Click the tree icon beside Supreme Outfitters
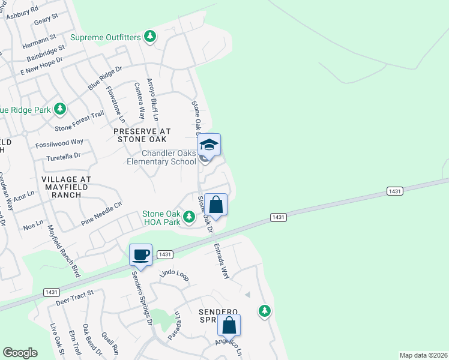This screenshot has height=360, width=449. coord(150,37)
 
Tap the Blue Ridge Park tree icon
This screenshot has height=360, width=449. coord(59,109)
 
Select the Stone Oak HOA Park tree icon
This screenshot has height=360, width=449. coord(190,217)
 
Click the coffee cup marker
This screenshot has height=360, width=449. coord(141,255)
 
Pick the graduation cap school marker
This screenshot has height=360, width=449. coord(209,145)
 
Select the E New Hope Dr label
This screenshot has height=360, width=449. coord(41,67)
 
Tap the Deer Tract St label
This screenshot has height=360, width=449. coord(75,296)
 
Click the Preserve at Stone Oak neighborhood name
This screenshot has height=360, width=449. coord(143,135)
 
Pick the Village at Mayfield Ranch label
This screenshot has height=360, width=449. coord(66,183)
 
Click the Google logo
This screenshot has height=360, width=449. coord(20,353)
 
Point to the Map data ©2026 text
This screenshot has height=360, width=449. coord(423,355)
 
